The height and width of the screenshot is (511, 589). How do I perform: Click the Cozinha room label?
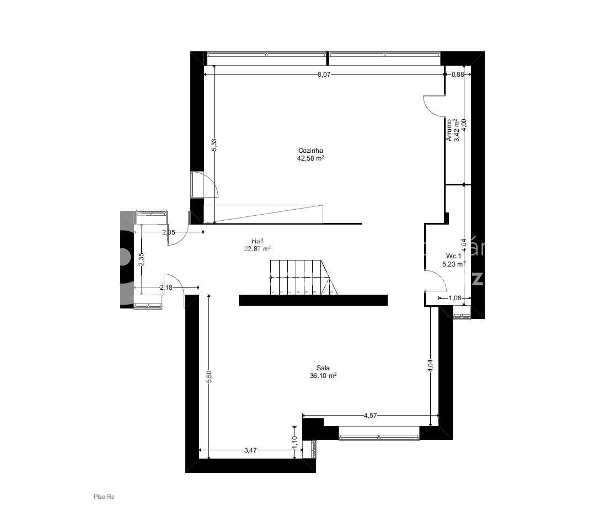310,150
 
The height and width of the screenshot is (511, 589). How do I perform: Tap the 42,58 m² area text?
310,158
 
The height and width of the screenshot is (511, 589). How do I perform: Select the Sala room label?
323,368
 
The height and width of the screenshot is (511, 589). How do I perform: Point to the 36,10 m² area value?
323,376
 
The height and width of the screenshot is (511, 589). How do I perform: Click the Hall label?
257,241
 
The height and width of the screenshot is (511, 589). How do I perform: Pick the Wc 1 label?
454,256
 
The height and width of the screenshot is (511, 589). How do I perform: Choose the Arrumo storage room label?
449,130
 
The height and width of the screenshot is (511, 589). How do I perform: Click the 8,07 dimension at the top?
324,74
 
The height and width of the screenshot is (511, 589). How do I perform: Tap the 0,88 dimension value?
457,74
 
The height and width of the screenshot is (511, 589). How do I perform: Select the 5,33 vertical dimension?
214,144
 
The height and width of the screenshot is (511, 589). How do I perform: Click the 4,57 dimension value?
370,416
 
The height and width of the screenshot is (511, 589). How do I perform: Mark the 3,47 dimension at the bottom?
250,450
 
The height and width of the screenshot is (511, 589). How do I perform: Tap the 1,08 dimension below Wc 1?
454,299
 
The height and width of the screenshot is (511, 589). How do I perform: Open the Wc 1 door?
436,280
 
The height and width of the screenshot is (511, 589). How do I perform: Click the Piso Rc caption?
104,497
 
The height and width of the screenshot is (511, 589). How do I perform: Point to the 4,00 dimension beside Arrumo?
464,125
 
